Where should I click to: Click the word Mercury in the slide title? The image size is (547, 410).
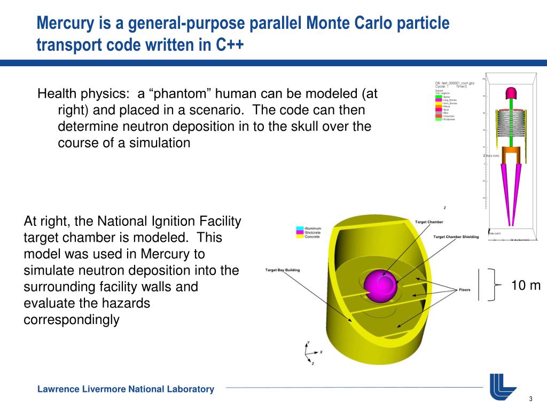tap(62, 23)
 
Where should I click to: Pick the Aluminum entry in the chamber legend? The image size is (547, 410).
tap(312, 228)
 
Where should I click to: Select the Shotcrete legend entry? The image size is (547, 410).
tap(312, 232)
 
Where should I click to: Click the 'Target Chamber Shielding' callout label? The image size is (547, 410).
tap(456, 236)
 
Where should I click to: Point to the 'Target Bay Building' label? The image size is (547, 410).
tap(283, 270)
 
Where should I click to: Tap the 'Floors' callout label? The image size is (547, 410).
tap(465, 290)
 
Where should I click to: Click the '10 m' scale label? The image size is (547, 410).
tap(526, 286)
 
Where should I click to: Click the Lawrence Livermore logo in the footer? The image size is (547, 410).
tap(503, 387)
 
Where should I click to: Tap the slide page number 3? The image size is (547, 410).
tap(531, 400)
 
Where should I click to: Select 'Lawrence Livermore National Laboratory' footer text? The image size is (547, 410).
tap(126, 389)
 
